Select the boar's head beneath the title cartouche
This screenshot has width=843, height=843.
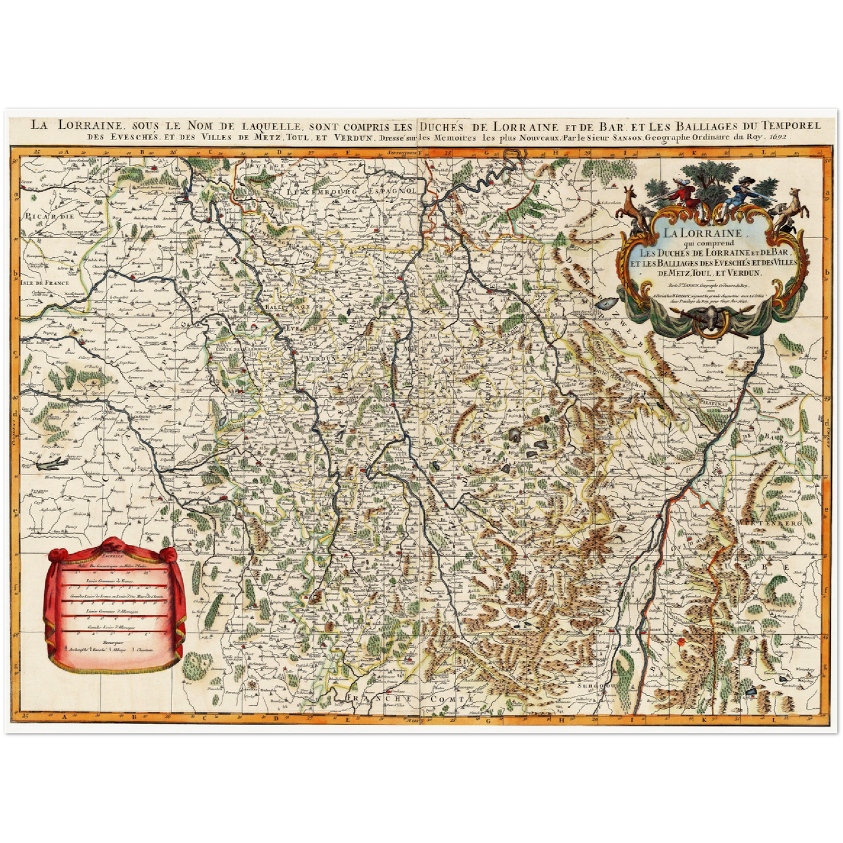[x=711, y=320]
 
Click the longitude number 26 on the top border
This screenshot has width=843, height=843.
[x=173, y=152]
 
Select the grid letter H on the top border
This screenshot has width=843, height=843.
[x=556, y=152]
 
